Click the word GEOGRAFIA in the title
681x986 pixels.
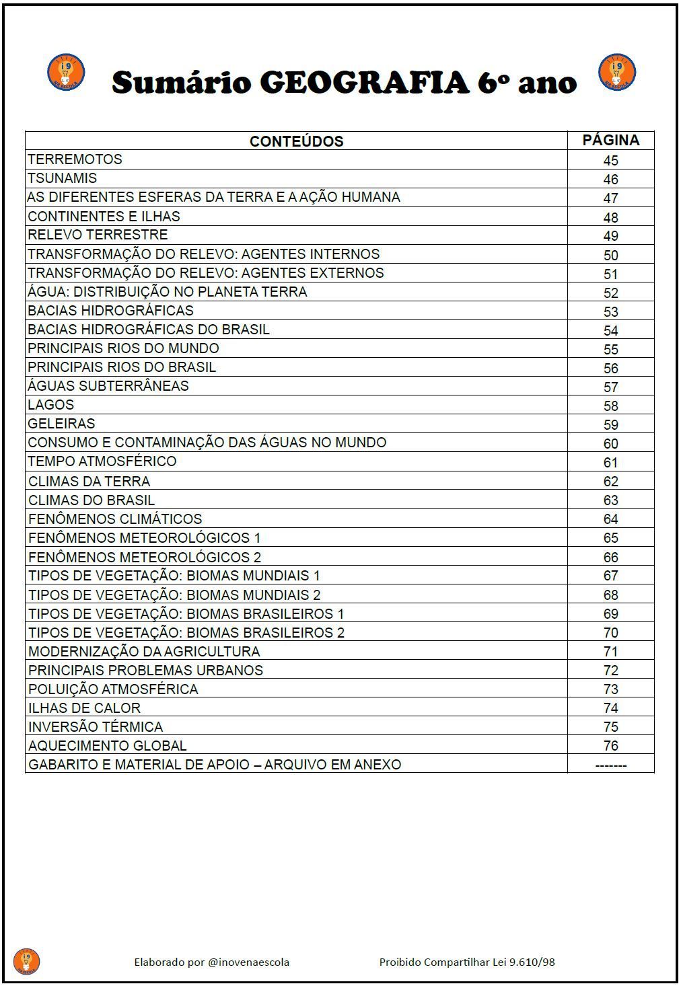click(363, 83)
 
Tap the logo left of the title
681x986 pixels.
click(66, 72)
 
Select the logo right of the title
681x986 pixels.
click(616, 72)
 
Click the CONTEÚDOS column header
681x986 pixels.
click(296, 141)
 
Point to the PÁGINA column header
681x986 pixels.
click(610, 140)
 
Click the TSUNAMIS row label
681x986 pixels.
click(62, 178)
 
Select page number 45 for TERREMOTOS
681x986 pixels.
click(610, 160)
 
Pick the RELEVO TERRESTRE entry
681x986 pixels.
click(98, 235)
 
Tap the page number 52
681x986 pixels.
click(610, 293)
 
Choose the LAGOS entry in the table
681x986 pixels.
click(50, 405)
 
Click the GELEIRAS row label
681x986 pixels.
click(61, 424)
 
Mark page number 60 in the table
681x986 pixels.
click(610, 443)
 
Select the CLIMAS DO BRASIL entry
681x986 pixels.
click(92, 500)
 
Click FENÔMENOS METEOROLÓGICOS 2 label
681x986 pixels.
click(145, 557)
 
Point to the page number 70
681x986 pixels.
click(610, 632)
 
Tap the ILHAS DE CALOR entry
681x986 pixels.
click(84, 708)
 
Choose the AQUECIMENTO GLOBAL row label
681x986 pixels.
click(107, 746)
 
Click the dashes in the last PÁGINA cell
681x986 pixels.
click(610, 765)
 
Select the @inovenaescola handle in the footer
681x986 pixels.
click(248, 962)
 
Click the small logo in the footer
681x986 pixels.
click(26, 961)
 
